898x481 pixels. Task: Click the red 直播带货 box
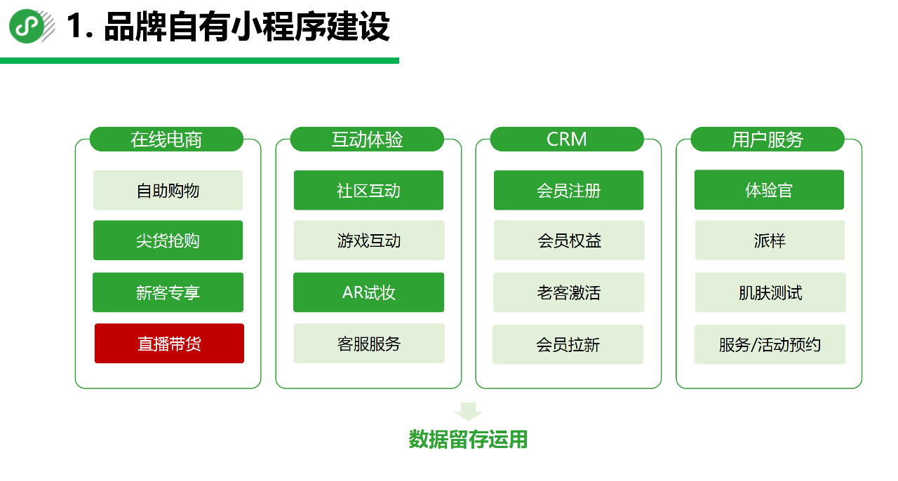coord(169,344)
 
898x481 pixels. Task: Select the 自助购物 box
coord(168,190)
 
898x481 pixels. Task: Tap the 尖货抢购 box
coord(168,240)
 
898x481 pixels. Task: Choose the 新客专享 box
coord(168,292)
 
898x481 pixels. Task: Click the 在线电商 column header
coord(166,140)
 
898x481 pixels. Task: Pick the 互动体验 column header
coord(367,140)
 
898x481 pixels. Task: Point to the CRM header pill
coord(567,140)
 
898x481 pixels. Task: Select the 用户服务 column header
coord(768,140)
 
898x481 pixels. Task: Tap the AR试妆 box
coord(368,292)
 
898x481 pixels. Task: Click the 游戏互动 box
coord(369,240)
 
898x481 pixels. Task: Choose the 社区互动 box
coord(368,190)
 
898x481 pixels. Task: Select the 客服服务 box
coord(369,344)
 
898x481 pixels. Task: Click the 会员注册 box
coord(568,190)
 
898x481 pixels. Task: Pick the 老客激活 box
coord(569,292)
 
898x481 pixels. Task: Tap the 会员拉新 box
coord(568,344)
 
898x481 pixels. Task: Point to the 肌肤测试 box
coord(770,292)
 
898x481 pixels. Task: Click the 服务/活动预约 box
coord(770,344)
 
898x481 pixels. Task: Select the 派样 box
coord(770,240)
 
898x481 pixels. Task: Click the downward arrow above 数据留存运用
coord(468,411)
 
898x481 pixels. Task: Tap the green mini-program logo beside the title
coord(27,27)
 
